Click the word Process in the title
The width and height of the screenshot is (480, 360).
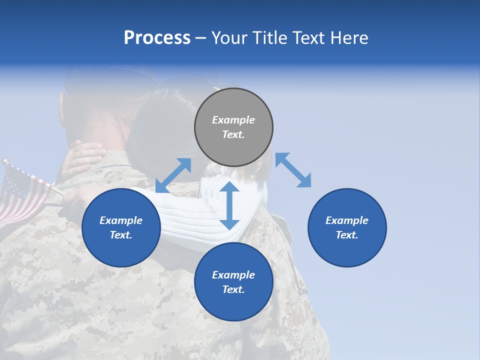(x=157, y=38)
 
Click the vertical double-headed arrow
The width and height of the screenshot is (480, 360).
(x=229, y=205)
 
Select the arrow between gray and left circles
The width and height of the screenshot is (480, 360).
(x=173, y=175)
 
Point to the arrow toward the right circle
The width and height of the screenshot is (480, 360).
(x=293, y=170)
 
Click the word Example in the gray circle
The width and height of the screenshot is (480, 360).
(x=233, y=120)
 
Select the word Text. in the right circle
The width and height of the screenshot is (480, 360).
(x=347, y=235)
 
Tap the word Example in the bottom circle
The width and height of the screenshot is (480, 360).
(x=233, y=275)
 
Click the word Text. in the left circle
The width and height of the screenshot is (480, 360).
(x=121, y=235)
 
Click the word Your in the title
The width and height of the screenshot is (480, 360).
(x=230, y=38)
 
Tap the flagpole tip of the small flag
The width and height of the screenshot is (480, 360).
(x=4, y=162)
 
